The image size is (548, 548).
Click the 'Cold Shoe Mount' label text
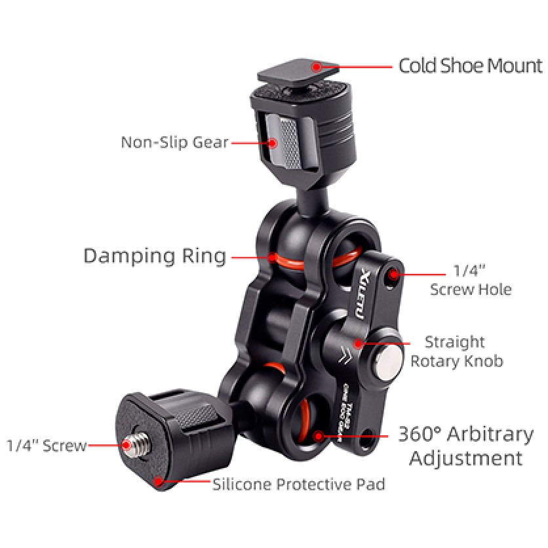(x=471, y=66)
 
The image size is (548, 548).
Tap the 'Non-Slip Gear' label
(x=174, y=142)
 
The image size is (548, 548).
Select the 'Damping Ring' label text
(x=155, y=256)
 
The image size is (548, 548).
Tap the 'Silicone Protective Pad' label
(x=298, y=485)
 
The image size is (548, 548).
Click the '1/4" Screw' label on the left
(x=47, y=446)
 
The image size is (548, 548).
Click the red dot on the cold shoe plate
(x=317, y=66)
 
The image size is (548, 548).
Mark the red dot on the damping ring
(x=272, y=256)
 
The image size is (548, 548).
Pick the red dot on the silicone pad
(x=157, y=482)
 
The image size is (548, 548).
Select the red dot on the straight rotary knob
(x=358, y=342)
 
